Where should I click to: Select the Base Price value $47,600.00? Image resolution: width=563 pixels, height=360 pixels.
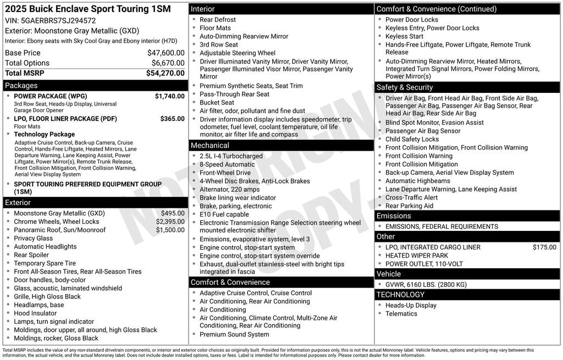165,53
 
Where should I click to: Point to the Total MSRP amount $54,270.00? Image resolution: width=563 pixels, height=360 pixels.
165,73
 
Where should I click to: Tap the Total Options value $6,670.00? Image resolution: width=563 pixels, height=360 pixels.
168,63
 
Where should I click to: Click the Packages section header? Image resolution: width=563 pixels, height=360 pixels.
21,86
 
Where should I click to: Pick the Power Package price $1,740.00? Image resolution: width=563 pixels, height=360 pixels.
169,96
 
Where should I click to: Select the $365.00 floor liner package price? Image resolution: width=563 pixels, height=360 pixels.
172,119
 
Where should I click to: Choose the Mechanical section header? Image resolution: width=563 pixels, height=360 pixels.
209,146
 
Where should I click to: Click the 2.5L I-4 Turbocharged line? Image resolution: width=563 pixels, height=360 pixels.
231,156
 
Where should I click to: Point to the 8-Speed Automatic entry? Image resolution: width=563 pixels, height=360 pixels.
227,164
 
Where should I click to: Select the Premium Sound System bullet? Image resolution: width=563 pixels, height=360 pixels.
234,334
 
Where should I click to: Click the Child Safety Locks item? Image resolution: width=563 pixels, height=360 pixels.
412,139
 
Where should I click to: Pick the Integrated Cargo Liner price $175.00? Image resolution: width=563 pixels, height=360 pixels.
544,247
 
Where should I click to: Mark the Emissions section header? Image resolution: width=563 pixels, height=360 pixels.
394,216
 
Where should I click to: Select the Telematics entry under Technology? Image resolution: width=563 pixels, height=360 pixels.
401,314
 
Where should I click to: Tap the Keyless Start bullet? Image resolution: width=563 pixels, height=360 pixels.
404,36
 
